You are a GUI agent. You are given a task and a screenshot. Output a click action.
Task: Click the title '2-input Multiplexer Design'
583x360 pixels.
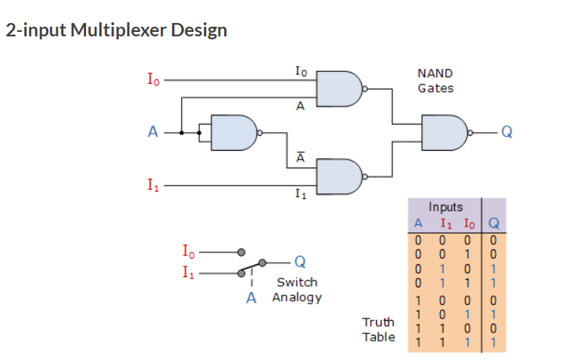(x=116, y=30)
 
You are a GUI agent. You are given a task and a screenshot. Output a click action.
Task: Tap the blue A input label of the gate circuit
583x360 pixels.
(x=153, y=133)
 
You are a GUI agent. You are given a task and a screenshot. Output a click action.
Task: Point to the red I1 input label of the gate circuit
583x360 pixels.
(x=151, y=186)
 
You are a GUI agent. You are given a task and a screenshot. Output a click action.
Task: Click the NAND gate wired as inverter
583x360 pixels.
(x=233, y=133)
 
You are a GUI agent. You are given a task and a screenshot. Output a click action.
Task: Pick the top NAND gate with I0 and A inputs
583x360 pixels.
(x=338, y=88)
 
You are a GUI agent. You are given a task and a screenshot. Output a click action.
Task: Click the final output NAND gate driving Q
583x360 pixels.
(x=443, y=132)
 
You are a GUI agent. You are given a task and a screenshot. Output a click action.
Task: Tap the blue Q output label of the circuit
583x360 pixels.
(x=507, y=132)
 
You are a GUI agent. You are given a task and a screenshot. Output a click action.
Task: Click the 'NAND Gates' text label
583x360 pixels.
(x=435, y=81)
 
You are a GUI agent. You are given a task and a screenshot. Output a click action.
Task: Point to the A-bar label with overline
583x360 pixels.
(x=300, y=157)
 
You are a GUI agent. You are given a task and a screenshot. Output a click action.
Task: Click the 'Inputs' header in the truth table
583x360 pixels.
(x=445, y=207)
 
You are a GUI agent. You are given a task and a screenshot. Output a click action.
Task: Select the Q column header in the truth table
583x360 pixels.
(x=494, y=223)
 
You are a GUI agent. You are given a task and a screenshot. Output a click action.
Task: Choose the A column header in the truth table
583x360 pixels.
(x=418, y=223)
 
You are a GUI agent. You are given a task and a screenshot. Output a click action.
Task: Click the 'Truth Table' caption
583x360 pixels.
(x=378, y=330)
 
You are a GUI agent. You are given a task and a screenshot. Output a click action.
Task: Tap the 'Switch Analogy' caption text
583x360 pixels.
(x=297, y=289)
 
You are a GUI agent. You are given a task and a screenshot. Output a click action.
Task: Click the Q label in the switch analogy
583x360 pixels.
(x=299, y=261)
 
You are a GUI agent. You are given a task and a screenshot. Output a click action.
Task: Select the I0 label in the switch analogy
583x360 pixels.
(x=189, y=251)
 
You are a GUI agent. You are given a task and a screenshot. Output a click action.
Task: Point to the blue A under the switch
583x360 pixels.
(x=251, y=298)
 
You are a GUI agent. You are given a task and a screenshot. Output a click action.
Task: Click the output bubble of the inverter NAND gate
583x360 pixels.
(x=260, y=133)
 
